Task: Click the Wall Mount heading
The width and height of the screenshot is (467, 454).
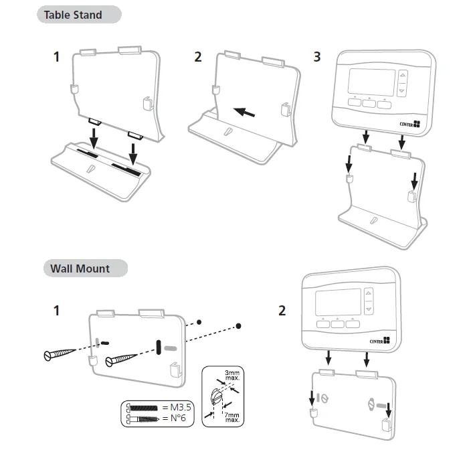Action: (x=80, y=269)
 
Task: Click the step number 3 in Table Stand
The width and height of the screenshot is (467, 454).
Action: (x=316, y=56)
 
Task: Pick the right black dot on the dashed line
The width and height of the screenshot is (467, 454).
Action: (x=239, y=326)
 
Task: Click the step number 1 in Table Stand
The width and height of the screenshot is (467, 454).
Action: (x=57, y=56)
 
